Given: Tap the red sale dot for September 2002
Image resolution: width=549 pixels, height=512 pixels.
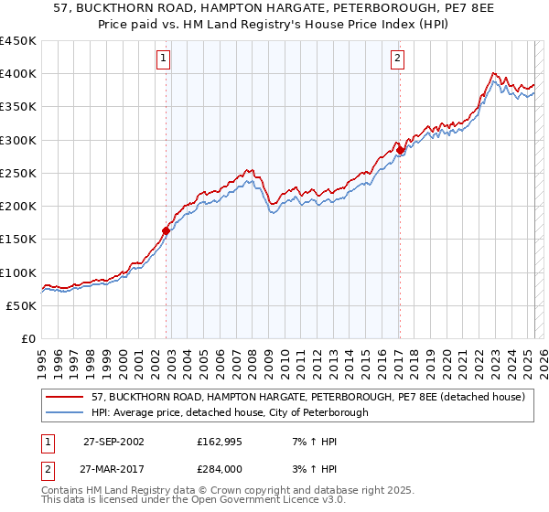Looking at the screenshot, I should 167,231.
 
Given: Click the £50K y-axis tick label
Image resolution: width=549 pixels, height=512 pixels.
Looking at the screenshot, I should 21,306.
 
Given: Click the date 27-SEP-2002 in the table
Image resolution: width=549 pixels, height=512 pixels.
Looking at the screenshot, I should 113,442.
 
